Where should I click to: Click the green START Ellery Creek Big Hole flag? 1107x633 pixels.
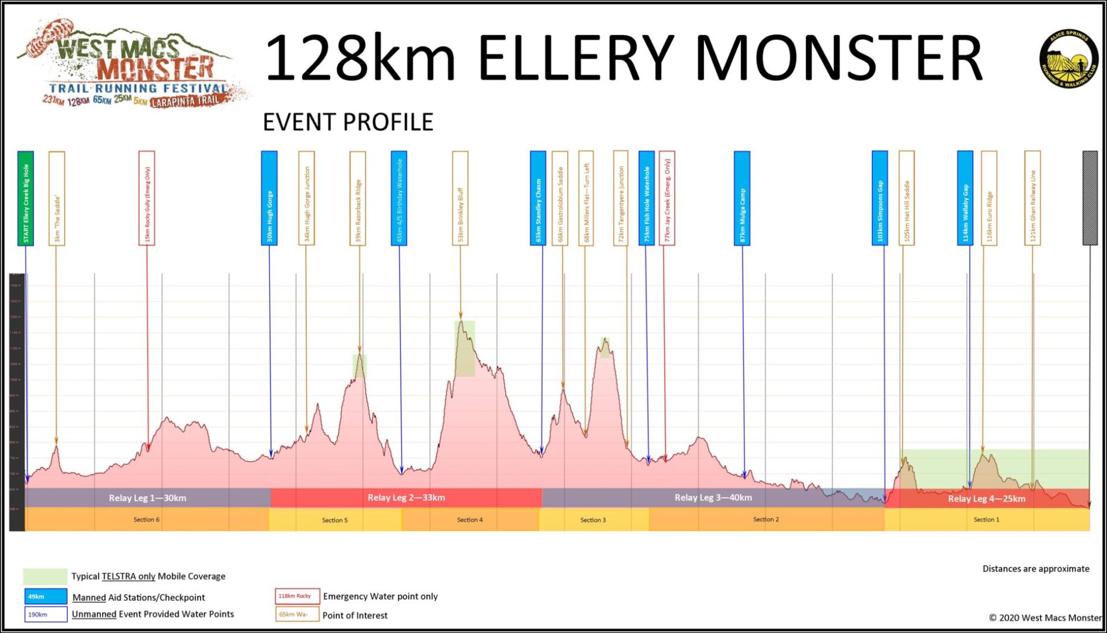tap(26, 198)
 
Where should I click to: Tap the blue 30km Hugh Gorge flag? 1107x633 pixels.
tap(269, 198)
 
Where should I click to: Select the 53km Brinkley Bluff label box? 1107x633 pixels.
tap(460, 198)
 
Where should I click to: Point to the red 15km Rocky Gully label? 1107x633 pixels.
tap(147, 198)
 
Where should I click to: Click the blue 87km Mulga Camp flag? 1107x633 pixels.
tap(742, 198)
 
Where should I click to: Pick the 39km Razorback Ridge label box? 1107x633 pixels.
tap(358, 198)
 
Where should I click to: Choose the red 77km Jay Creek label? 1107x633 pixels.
tap(666, 198)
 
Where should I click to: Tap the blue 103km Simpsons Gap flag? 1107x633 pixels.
tap(879, 198)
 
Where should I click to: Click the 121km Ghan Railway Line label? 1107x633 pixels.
tap(1032, 198)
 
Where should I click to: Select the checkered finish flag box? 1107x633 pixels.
tap(1089, 198)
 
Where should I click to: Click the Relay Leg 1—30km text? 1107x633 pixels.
tap(147, 498)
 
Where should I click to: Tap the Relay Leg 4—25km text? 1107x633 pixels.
tap(986, 499)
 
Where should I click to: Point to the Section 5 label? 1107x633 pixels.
tap(334, 520)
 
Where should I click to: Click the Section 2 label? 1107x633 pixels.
tap(766, 519)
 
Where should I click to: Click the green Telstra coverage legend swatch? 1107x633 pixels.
tap(45, 576)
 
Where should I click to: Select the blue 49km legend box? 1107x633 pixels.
tap(46, 597)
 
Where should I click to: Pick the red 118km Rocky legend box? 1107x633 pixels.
tap(297, 596)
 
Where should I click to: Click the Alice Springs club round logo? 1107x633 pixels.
tap(1069, 59)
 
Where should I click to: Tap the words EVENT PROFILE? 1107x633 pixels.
tap(348, 122)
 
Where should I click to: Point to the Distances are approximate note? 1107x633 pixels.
tap(1035, 569)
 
